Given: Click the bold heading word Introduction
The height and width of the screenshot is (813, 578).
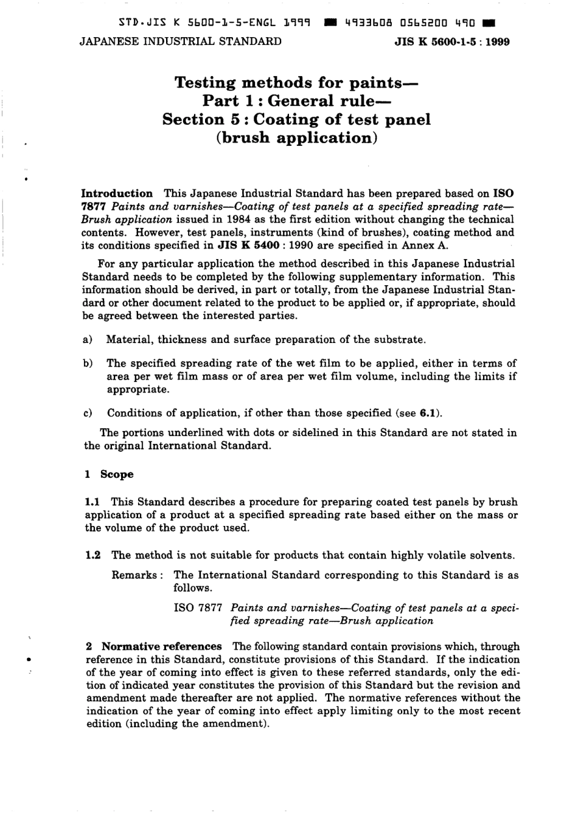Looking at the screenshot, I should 117,193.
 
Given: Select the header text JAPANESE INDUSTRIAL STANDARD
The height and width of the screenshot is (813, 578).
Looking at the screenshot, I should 181,41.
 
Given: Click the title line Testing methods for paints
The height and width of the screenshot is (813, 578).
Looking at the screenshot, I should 296,83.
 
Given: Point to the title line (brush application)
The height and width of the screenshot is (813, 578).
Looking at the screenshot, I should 297,138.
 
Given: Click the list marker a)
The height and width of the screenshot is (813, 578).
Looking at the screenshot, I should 88,340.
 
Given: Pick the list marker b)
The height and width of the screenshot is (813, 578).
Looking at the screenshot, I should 88,364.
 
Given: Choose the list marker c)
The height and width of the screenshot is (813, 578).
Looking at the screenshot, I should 88,413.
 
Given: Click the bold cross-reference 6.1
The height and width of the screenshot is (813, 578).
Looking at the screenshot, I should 428,413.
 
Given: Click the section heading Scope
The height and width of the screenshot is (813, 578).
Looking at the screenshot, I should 117,474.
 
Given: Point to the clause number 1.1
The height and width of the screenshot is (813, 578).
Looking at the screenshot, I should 92,502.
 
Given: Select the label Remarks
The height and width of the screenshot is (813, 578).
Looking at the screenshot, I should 134,575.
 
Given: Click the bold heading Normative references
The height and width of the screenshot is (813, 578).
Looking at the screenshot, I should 161,646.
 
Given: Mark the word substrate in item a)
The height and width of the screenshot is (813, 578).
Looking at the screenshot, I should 400,340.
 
